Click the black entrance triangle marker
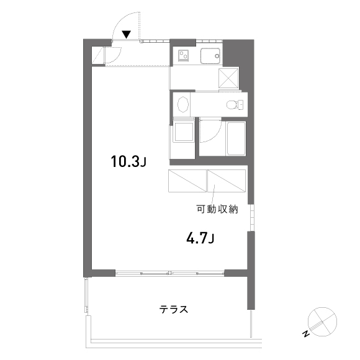coord(126,34)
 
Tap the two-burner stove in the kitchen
coord(183,56)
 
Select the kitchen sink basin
coord(210,56)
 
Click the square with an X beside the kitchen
coord(228,78)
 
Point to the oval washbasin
coord(183,105)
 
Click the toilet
coord(235,105)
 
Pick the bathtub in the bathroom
coord(236,138)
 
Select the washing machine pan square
coord(184,132)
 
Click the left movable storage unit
coord(187,181)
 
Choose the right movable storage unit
coord(227,181)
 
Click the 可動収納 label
coord(217,209)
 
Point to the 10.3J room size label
coord(128,161)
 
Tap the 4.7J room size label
coord(200,238)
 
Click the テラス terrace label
coord(174,309)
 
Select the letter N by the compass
coord(306,334)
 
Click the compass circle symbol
coord(322,322)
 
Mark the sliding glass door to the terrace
coord(169,273)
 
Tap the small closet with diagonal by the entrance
coord(98,55)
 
